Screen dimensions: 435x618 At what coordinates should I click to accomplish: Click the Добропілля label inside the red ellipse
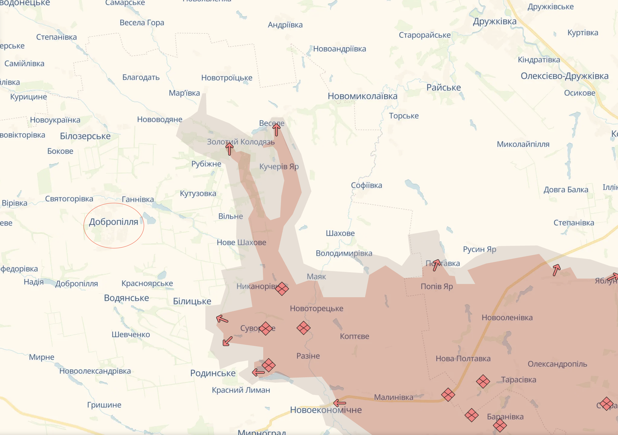[114, 222]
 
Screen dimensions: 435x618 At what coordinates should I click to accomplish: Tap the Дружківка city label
[495, 21]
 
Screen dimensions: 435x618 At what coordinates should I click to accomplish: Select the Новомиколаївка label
[362, 96]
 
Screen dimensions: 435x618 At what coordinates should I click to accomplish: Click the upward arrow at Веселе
[276, 130]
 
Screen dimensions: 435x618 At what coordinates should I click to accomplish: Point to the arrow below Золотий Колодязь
[229, 149]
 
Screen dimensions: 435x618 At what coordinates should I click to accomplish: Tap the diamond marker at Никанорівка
[282, 289]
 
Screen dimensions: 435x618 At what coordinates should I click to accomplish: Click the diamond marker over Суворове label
[266, 328]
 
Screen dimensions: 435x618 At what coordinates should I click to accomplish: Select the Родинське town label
[213, 373]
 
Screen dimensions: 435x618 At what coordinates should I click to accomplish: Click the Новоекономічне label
[326, 410]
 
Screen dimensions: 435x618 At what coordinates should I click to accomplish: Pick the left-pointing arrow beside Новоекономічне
[340, 403]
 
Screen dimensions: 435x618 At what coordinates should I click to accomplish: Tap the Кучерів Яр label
[279, 166]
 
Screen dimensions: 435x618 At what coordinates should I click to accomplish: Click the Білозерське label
[85, 136]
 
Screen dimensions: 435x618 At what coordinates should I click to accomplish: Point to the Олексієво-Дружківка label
[564, 76]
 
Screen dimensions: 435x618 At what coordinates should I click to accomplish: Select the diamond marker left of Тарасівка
[483, 381]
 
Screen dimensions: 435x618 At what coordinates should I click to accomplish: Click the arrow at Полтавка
[436, 265]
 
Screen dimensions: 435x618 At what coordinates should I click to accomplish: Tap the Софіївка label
[366, 185]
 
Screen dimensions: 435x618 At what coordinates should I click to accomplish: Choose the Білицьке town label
[192, 301]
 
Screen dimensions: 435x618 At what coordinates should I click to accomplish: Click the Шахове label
[340, 233]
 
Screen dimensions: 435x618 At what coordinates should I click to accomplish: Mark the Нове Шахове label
[241, 242]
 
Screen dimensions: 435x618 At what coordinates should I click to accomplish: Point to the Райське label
[443, 88]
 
